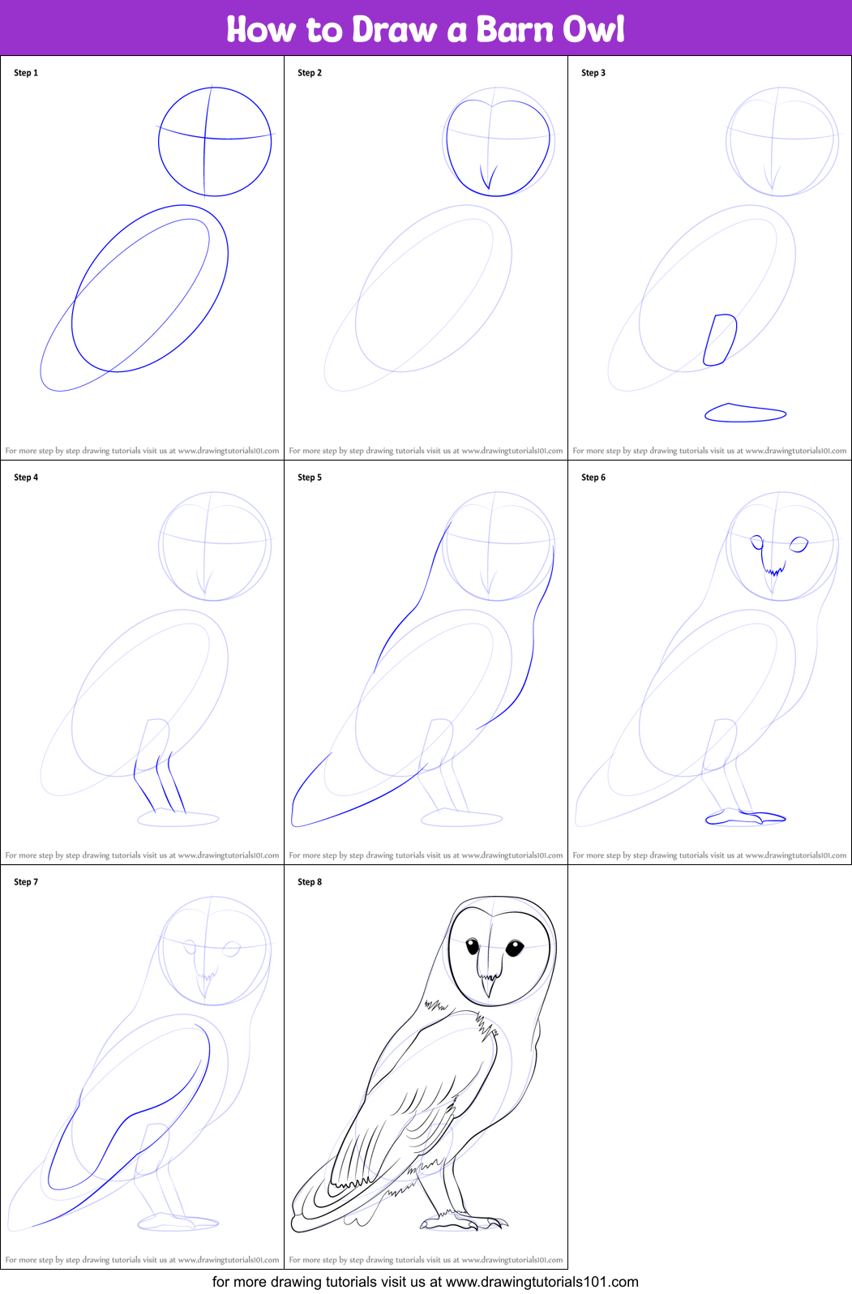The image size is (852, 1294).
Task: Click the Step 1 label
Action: tap(26, 73)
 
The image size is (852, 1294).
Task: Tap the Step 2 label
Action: tap(310, 73)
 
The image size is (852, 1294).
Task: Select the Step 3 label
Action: tap(593, 73)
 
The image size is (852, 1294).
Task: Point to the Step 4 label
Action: tap(26, 478)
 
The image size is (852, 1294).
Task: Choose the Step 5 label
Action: tap(310, 478)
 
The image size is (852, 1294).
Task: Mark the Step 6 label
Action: tap(593, 478)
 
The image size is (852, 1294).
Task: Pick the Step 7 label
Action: tap(26, 881)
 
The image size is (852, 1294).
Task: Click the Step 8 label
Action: tap(310, 881)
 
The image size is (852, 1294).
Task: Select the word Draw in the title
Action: tap(394, 29)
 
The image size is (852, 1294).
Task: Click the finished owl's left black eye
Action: tap(473, 946)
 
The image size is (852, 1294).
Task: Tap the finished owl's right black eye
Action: tap(514, 947)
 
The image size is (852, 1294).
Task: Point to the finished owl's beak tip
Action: tap(490, 997)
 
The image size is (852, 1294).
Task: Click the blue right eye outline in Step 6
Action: tap(798, 544)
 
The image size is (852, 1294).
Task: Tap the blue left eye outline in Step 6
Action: tap(756, 542)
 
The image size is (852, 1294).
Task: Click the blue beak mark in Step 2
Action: tap(489, 177)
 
